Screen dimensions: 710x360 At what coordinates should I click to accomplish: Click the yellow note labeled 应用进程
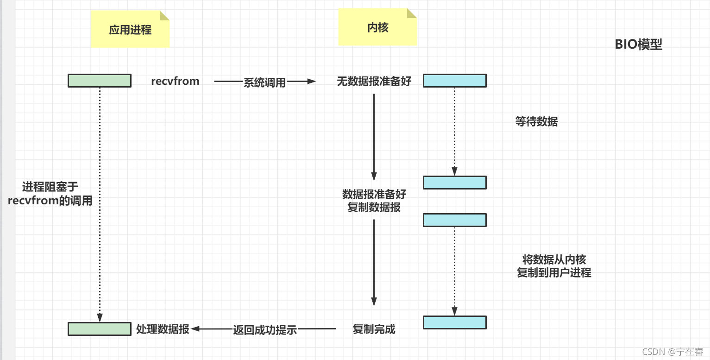pyautogui.click(x=130, y=29)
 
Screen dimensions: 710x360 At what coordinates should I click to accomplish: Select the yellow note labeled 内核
pyautogui.click(x=377, y=27)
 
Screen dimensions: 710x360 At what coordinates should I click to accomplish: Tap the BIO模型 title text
pyautogui.click(x=638, y=44)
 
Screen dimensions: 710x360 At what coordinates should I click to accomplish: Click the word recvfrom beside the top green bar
pyautogui.click(x=175, y=81)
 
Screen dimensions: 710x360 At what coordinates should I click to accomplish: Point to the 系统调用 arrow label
pyautogui.click(x=264, y=82)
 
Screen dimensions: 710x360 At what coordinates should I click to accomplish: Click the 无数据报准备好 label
pyautogui.click(x=374, y=81)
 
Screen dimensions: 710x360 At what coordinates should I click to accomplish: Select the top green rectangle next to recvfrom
pyautogui.click(x=100, y=81)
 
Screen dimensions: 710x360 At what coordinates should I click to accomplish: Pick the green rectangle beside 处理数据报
pyautogui.click(x=100, y=329)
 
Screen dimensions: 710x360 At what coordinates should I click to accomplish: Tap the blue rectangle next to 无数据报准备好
pyautogui.click(x=455, y=81)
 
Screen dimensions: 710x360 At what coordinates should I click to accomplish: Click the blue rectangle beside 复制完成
pyautogui.click(x=455, y=322)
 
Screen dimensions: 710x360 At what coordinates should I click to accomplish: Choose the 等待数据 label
pyautogui.click(x=536, y=121)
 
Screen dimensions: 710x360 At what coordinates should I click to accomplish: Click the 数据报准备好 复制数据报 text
pyautogui.click(x=374, y=201)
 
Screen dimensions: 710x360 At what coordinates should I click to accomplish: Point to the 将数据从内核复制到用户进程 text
pyautogui.click(x=554, y=266)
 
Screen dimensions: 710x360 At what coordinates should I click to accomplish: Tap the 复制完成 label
pyautogui.click(x=374, y=329)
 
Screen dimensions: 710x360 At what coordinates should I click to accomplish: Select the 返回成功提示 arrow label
pyautogui.click(x=265, y=330)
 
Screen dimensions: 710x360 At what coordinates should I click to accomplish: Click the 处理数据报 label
pyautogui.click(x=163, y=329)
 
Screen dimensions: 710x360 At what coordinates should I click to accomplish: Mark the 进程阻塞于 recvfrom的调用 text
pyautogui.click(x=50, y=194)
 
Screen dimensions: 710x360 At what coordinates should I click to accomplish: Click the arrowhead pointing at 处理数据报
pyautogui.click(x=195, y=328)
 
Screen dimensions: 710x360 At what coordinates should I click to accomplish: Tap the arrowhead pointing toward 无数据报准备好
pyautogui.click(x=311, y=81)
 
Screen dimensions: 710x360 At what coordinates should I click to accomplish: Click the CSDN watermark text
pyautogui.click(x=672, y=352)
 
